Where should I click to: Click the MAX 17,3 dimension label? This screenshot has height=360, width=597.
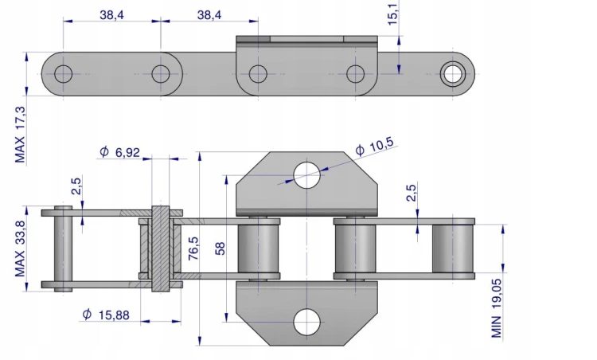pos(20,135)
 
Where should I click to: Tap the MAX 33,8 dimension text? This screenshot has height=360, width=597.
pos(20,248)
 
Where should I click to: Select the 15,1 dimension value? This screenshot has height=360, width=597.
pos(392,13)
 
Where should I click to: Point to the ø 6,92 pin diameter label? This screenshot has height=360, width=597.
pos(120,152)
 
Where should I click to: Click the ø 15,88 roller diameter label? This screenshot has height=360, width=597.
pos(106,315)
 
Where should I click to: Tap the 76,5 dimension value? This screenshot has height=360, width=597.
pos(193,248)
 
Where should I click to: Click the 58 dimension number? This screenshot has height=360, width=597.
pos(220,248)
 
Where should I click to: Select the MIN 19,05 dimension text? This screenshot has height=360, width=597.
pos(496,308)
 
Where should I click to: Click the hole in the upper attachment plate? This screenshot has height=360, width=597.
pos(307,175)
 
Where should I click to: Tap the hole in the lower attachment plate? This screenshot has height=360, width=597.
pos(307,323)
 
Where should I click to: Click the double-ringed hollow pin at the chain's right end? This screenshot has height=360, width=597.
pos(453,74)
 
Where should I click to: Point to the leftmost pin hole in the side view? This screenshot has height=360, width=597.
pos(63,74)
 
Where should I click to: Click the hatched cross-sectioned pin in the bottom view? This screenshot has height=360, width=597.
pos(161,248)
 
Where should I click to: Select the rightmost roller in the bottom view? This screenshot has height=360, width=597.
pos(453,248)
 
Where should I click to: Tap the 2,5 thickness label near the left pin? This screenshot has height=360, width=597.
pos(76,186)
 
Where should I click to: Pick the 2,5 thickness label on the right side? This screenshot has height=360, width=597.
pos(412,193)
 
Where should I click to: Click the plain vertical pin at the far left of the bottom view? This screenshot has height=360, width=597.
pos(63,248)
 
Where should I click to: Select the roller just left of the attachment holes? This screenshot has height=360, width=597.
pos(259,248)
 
